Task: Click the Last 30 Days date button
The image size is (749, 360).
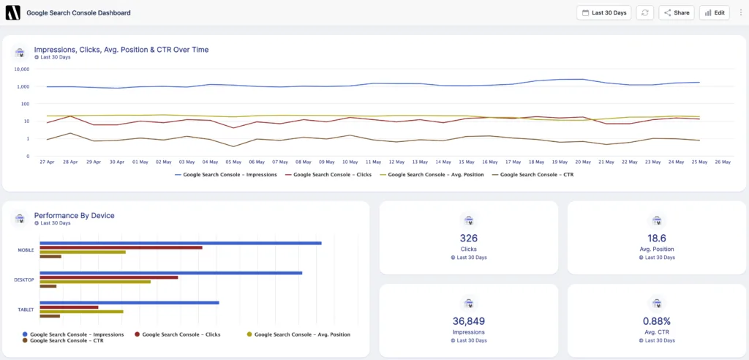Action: coord(603,12)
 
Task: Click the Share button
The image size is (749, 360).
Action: coord(676,12)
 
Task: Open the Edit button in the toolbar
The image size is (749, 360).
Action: coord(714,12)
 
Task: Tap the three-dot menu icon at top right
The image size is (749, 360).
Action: coord(740,12)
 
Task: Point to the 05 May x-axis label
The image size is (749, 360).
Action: coord(233,162)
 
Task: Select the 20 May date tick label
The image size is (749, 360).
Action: coord(583,162)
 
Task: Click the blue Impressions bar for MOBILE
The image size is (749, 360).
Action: coord(180,243)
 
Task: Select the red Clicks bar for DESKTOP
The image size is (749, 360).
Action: coord(108,277)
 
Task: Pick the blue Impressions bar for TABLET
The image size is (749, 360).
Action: coord(129,302)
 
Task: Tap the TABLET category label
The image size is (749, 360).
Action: coord(26,310)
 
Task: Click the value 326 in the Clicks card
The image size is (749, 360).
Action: coord(468,238)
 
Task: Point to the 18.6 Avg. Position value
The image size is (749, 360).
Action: coord(656,238)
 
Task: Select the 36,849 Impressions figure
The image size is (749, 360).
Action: coord(468,320)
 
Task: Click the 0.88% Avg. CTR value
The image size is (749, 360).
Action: coord(656,320)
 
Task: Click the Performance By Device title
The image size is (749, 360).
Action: coord(74,215)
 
